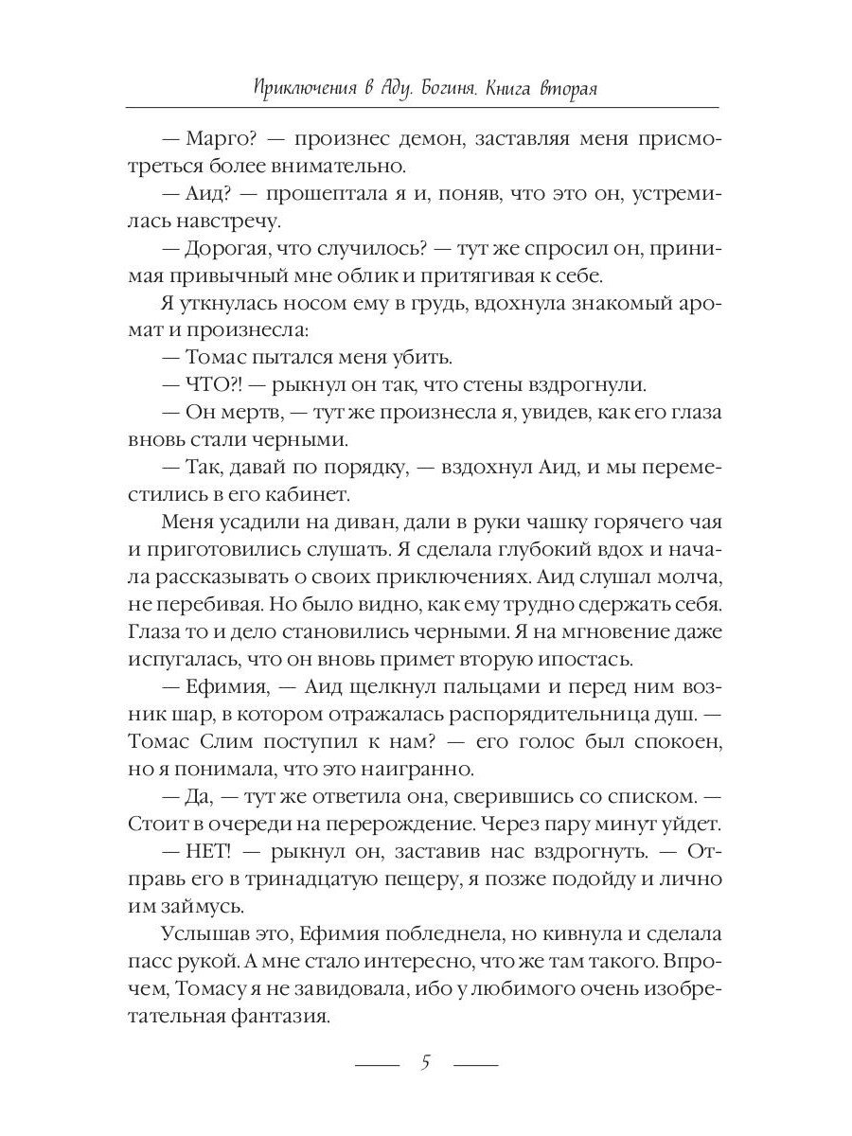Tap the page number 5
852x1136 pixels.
[x=426, y=1062]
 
